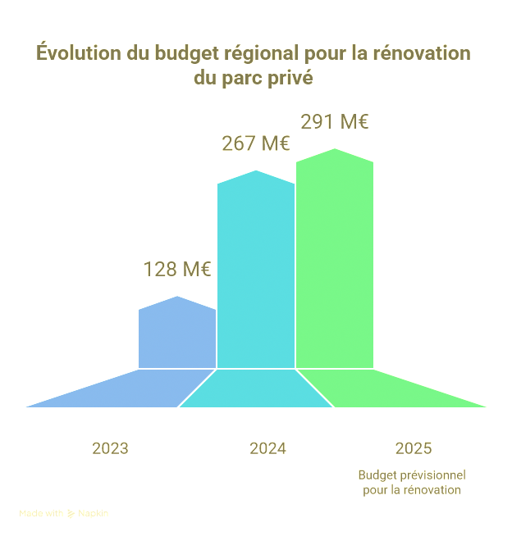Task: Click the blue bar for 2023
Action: point(177,336)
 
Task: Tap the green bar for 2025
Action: point(335,262)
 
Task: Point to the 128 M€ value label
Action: point(177,269)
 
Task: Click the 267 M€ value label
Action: point(255,143)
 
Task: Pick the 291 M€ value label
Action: point(334,122)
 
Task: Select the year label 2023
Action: point(110,448)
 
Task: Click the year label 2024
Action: point(267,448)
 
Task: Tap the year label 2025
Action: point(413,448)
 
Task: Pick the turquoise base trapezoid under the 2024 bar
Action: point(256,388)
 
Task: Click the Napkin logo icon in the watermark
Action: point(71,514)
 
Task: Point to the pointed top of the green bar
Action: point(335,151)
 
